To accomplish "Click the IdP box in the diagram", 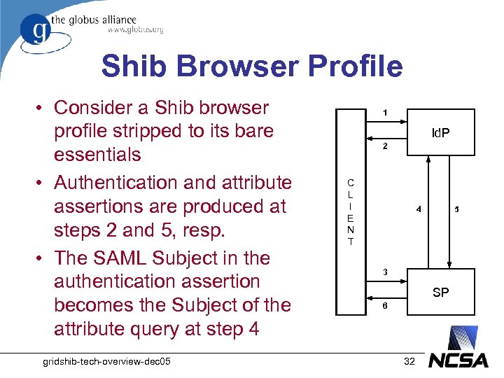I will [x=441, y=132].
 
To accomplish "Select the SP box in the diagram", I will [x=441, y=293].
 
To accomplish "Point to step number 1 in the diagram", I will [x=384, y=113].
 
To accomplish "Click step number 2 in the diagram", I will [x=384, y=148].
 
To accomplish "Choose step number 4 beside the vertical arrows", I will [x=419, y=209].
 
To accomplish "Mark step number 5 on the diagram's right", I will [x=457, y=209].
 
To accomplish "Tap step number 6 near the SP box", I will [x=384, y=307].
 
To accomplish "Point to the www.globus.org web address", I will [x=135, y=30].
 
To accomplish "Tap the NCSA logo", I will [x=459, y=361].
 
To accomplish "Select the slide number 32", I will [x=410, y=360].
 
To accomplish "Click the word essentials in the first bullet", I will [x=97, y=154].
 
